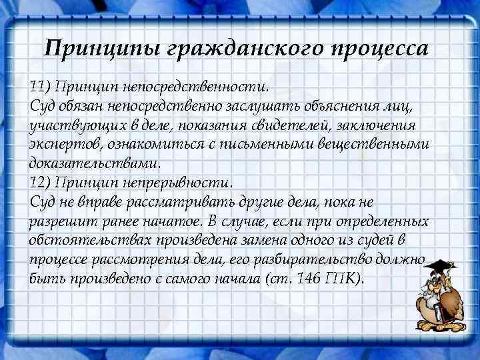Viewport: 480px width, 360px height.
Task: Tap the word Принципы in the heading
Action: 101,49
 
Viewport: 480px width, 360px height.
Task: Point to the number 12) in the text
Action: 40,182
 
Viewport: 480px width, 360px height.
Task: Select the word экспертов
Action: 63,144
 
